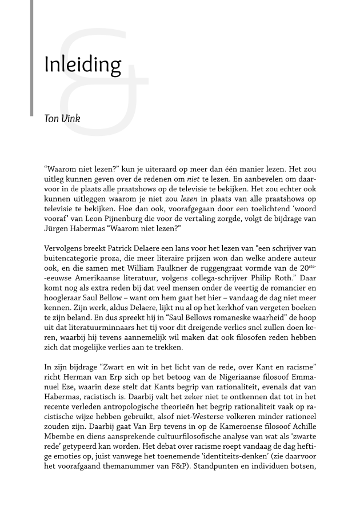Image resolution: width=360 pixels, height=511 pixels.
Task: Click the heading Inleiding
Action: tap(82, 65)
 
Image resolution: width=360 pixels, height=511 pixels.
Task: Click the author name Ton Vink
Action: tap(62, 119)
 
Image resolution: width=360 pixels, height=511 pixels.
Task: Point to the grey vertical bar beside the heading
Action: tap(32, 57)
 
